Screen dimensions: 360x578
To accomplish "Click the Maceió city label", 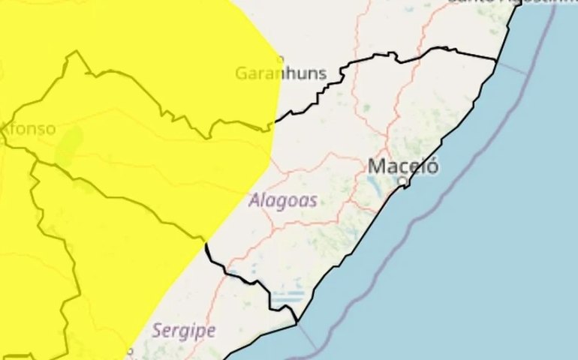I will [x=403, y=166].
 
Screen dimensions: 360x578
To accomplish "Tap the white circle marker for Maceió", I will [x=402, y=181].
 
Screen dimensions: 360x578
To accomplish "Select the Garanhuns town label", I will [x=281, y=73].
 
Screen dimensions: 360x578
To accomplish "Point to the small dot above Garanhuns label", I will [x=281, y=58].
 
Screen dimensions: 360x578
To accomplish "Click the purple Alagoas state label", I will [x=281, y=200].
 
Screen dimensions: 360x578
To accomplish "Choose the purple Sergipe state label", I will [x=183, y=329].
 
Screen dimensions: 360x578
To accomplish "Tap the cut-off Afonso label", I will [x=28, y=128].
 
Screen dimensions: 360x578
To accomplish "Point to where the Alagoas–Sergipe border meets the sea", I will [x=297, y=322].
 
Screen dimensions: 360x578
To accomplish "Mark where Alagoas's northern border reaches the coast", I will [x=497, y=60].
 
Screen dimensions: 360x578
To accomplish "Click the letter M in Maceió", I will [x=376, y=166].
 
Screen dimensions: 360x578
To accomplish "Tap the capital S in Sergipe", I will [x=157, y=329].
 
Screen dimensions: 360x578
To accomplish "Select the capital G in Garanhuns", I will [x=241, y=73].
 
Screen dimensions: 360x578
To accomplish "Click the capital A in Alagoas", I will [x=253, y=200].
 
